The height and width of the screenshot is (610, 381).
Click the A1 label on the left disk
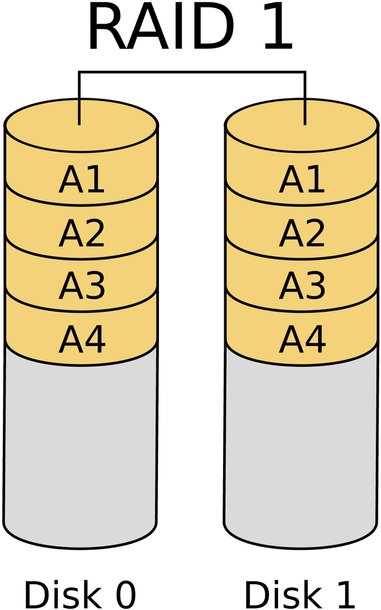click(81, 180)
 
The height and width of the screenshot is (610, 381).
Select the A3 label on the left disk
click(81, 285)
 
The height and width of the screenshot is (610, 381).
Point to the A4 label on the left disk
click(82, 339)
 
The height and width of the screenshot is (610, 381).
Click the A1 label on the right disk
click(302, 180)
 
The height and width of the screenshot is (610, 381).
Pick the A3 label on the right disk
click(302, 285)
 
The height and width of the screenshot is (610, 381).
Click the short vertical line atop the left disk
click(80, 112)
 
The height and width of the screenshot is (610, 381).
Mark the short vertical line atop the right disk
click(305, 112)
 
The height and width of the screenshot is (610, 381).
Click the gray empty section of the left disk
click(80, 449)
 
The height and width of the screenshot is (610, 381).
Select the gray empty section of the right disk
click(301, 449)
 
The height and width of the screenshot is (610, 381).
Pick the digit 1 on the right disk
click(316, 180)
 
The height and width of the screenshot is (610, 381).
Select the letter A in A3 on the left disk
click(70, 285)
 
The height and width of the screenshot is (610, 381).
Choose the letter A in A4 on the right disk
click(291, 339)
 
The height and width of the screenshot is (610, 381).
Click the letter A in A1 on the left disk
click(70, 180)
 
